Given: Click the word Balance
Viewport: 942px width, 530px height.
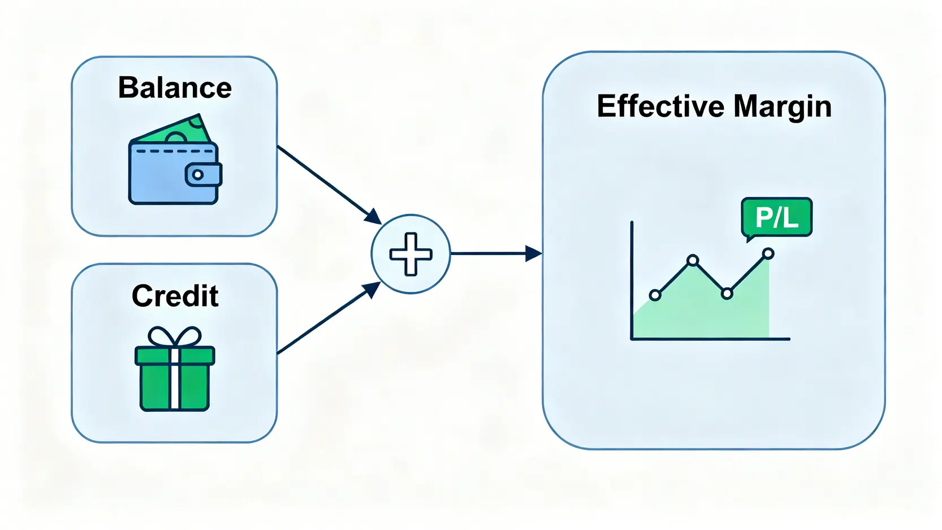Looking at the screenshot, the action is tap(175, 88).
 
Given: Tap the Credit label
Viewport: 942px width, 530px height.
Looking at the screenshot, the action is tap(175, 296).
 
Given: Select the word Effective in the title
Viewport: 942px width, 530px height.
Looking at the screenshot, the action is tap(660, 106).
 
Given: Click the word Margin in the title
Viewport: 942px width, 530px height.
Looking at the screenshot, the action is tap(783, 108).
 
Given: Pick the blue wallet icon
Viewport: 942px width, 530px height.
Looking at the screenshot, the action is tap(175, 160).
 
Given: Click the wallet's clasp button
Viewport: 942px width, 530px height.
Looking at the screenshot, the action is tap(204, 175).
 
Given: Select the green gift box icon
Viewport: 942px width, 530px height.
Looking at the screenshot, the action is tap(175, 368).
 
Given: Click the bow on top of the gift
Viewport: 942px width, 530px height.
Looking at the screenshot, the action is tap(175, 337).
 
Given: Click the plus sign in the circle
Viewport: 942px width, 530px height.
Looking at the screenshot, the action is tap(411, 254).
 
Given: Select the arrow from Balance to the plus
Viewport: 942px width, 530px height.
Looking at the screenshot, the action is tap(329, 184).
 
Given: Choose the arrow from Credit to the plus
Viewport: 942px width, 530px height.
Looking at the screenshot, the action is tap(329, 317).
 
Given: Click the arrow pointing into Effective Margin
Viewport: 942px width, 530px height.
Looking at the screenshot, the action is tap(496, 253).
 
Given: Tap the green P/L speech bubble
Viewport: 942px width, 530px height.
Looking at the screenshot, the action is tap(777, 219).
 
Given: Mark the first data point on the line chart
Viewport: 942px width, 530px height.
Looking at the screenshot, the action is tap(655, 295).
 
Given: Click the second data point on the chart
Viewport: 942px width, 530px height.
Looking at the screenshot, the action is tap(693, 260).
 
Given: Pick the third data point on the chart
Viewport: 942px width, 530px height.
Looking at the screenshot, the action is tap(727, 293).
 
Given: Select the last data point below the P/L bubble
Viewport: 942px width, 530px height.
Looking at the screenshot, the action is tap(768, 253).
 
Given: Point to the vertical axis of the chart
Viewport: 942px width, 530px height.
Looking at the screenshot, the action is tap(632, 280).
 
